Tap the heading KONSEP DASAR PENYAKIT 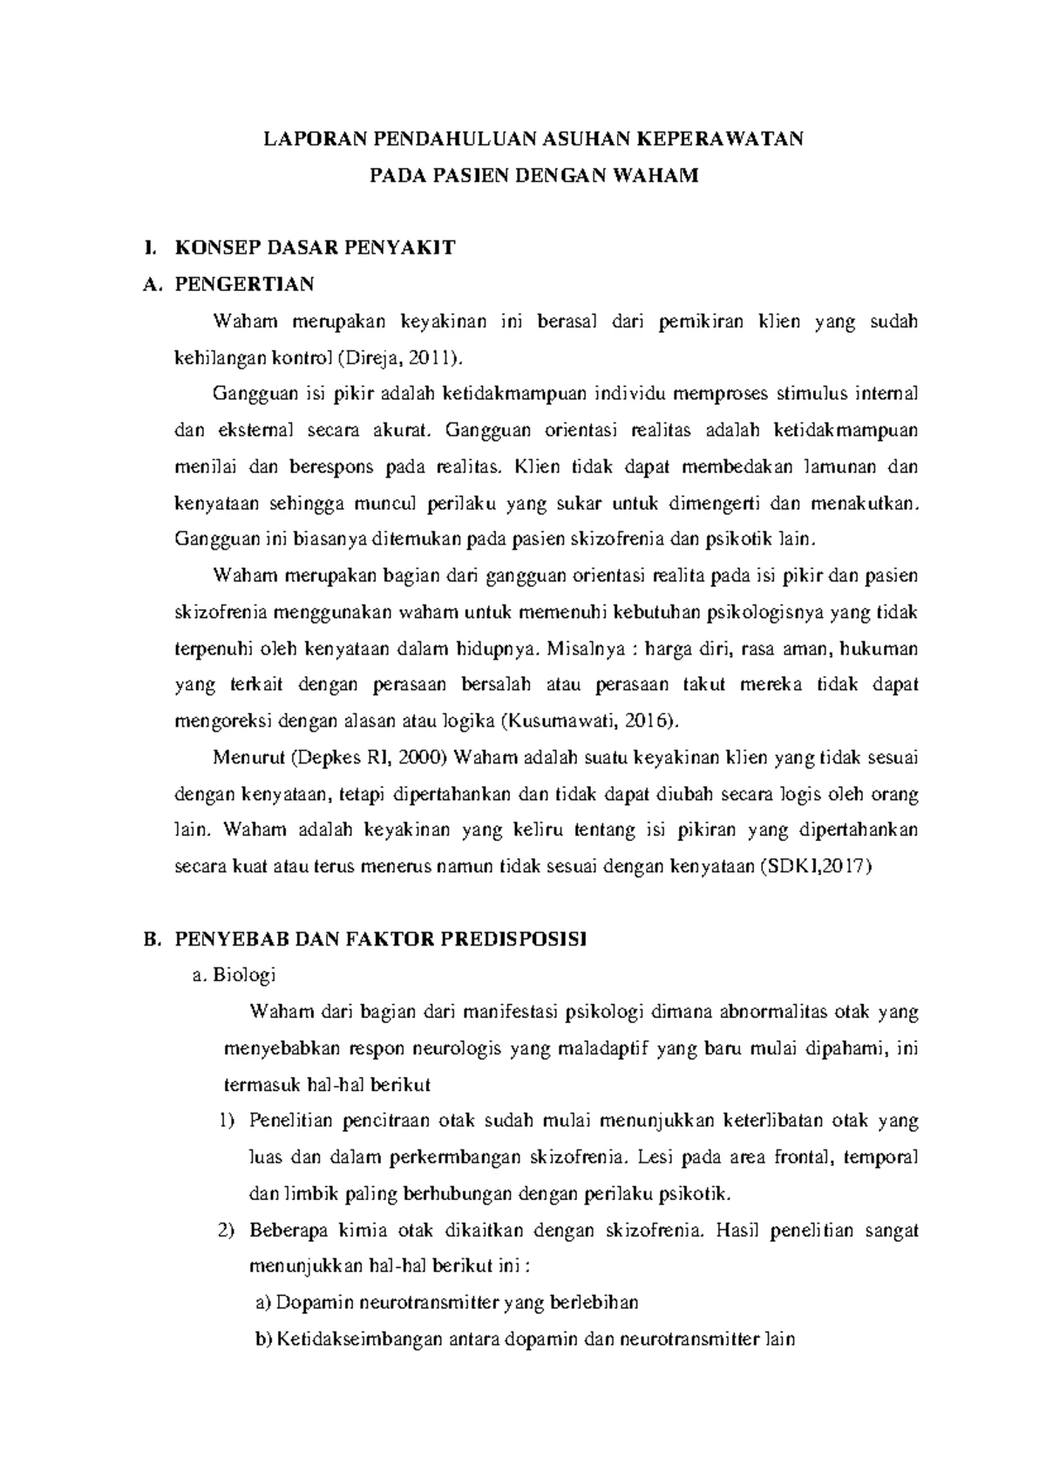click(x=315, y=247)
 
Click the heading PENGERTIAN click(x=245, y=284)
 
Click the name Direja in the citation click(x=378, y=357)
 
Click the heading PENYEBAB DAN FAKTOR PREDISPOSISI click(x=381, y=940)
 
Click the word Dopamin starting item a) click(x=306, y=1304)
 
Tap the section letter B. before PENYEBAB click(x=152, y=940)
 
